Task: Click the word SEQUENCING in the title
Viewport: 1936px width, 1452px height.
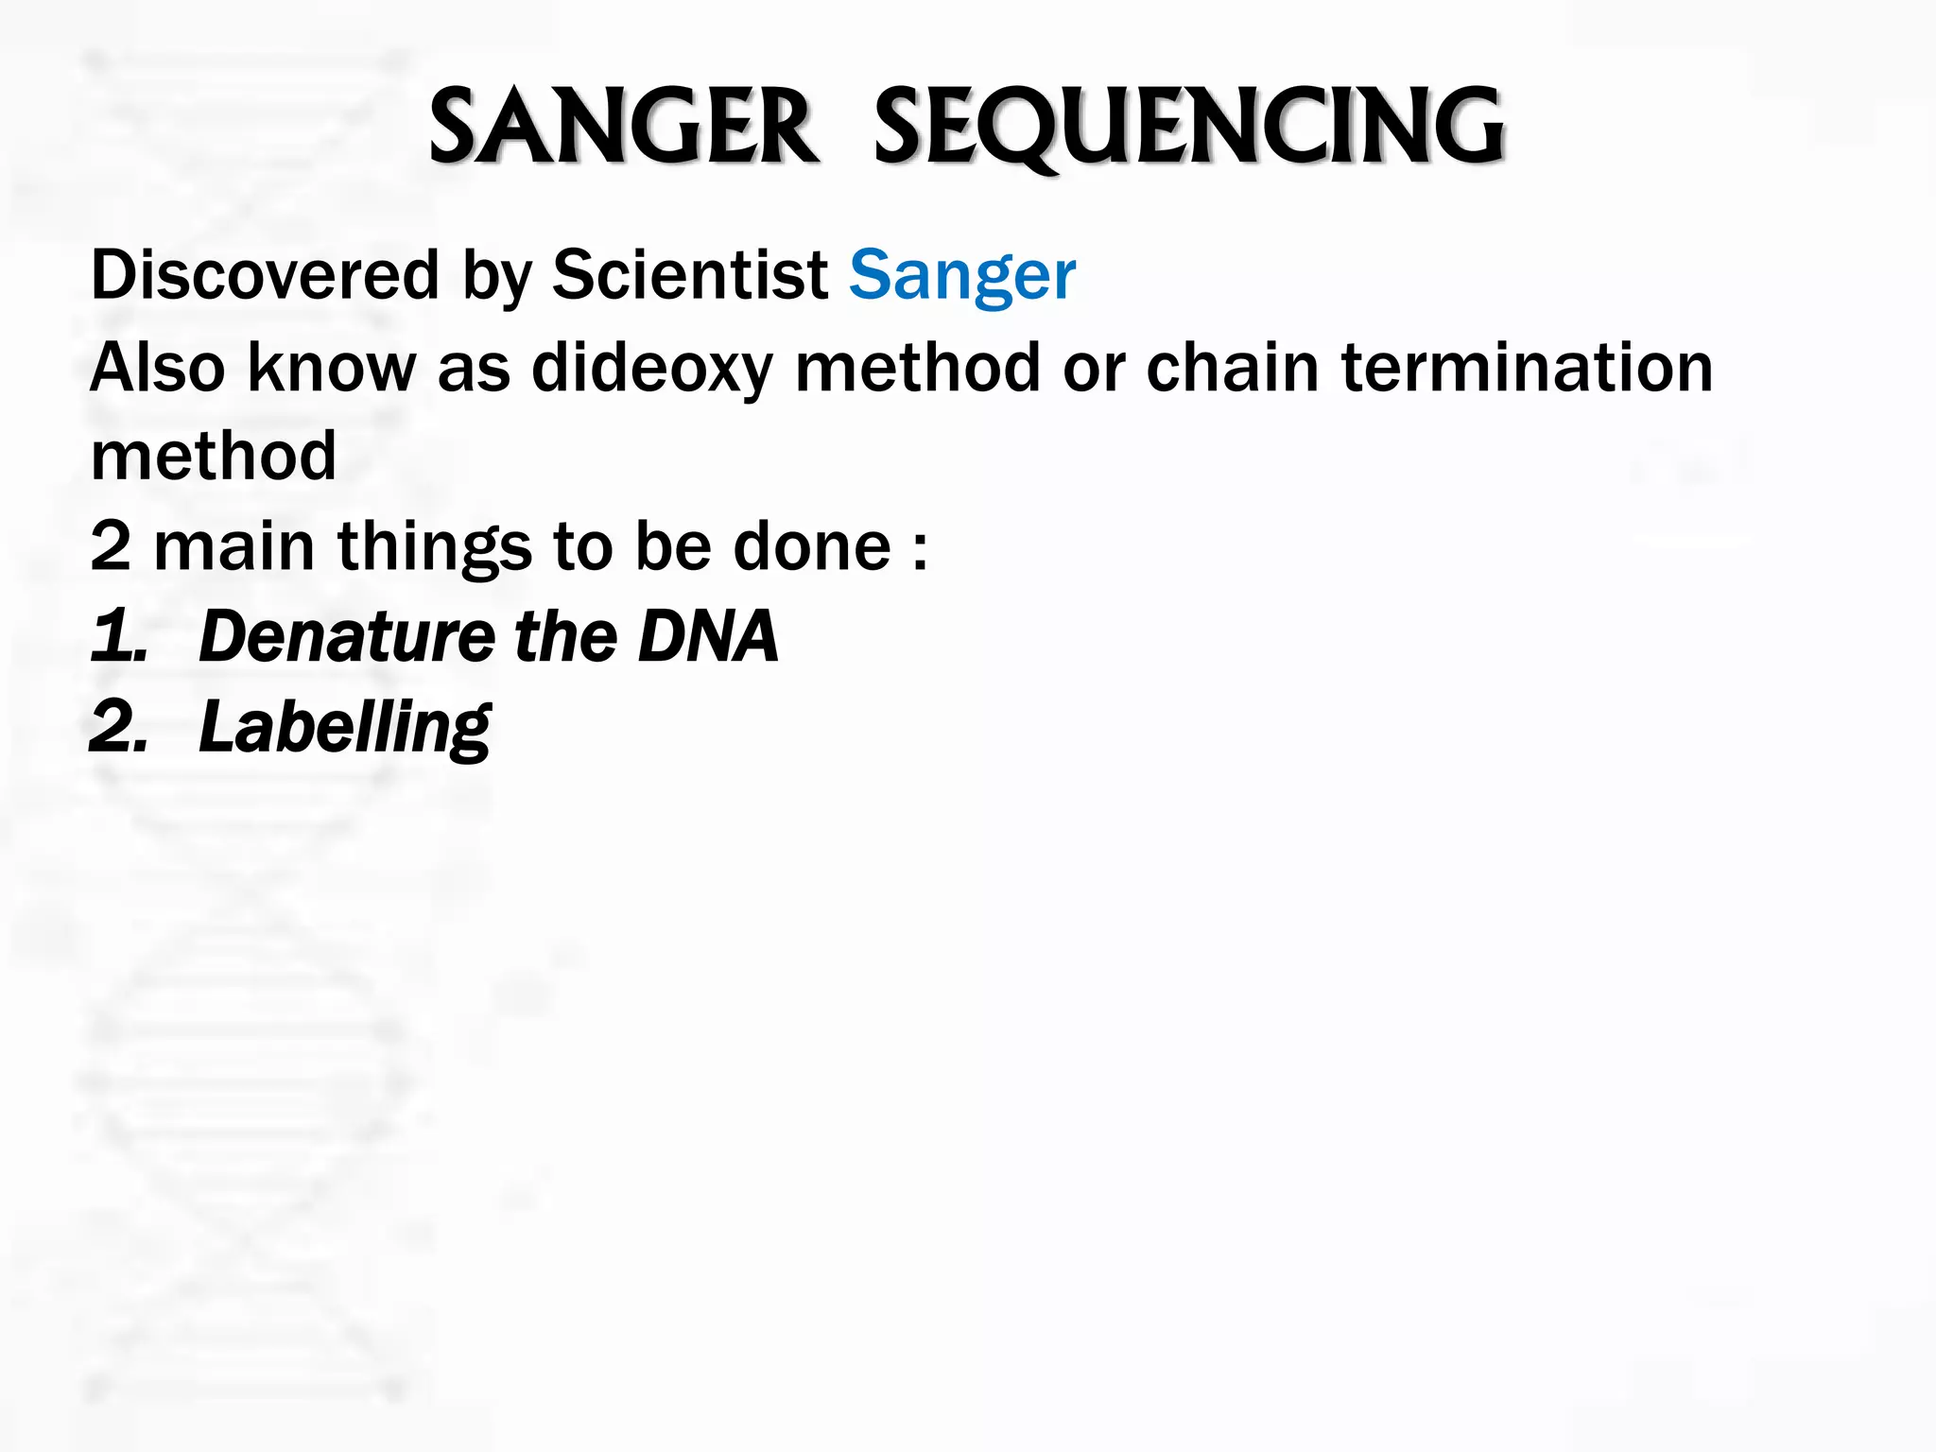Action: point(1188,127)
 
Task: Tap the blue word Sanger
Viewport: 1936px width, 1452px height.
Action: point(961,275)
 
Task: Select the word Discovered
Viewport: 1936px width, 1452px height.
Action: point(265,275)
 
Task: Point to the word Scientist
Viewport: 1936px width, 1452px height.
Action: point(690,275)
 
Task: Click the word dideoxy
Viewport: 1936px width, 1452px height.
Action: point(652,368)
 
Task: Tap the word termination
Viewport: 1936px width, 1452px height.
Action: point(1527,368)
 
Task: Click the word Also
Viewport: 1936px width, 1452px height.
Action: point(157,368)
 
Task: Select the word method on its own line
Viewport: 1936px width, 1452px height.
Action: point(214,457)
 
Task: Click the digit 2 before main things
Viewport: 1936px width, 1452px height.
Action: point(110,547)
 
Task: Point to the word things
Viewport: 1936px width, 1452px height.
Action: point(434,547)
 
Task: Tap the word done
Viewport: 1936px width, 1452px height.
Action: point(812,547)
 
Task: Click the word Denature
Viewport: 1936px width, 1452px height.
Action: point(346,636)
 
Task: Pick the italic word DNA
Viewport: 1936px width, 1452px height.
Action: point(708,636)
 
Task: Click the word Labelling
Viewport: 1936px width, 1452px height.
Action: point(344,727)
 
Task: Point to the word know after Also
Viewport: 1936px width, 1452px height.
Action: point(331,368)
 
